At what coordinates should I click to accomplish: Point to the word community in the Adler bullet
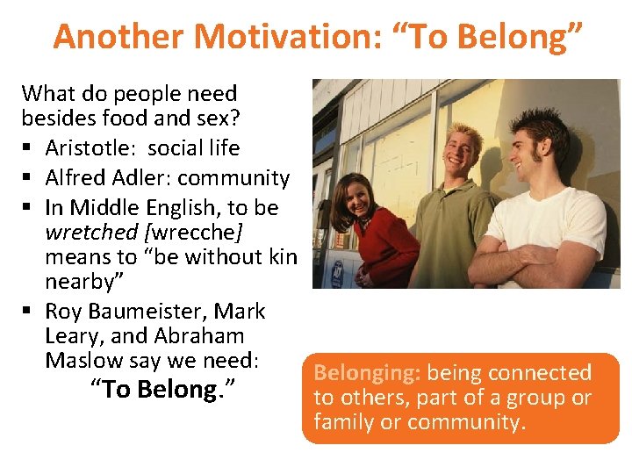233,178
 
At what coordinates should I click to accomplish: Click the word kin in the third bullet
282,257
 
